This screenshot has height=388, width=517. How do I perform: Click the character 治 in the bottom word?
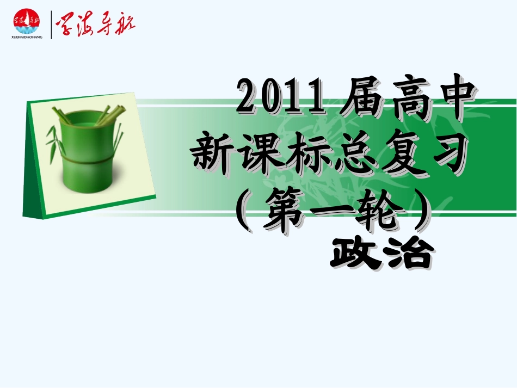pos(408,252)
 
